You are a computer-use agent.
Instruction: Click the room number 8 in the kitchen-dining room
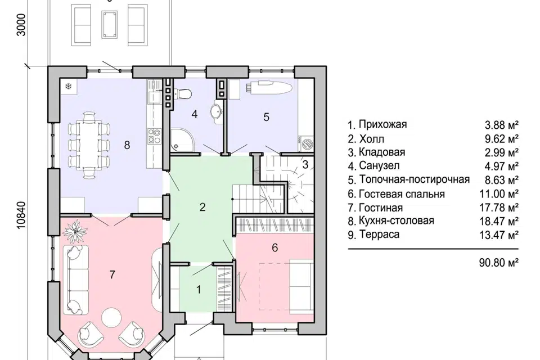click(x=127, y=145)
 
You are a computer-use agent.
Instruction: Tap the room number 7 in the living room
click(x=112, y=274)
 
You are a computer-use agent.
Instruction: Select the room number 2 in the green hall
click(x=202, y=206)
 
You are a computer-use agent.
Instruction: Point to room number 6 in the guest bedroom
click(x=274, y=247)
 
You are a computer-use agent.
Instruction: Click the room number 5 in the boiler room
click(x=267, y=117)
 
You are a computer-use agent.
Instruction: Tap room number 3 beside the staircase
click(x=305, y=165)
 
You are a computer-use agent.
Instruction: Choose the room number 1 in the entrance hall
click(x=199, y=290)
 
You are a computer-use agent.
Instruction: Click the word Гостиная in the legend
click(x=378, y=208)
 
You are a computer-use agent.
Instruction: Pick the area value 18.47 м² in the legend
click(x=502, y=221)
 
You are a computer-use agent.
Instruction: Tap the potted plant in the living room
click(x=74, y=230)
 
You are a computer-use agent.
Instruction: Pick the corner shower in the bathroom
click(x=181, y=139)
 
